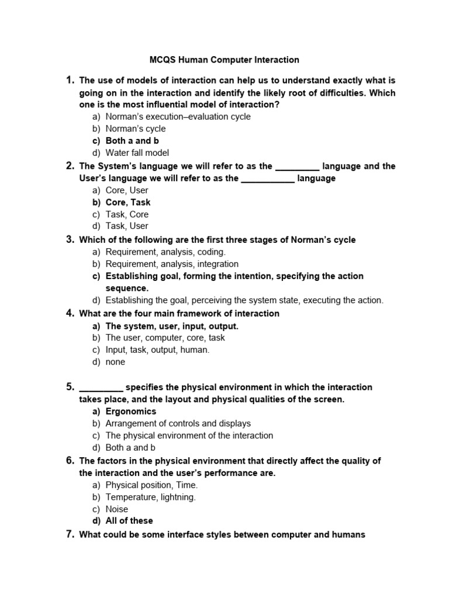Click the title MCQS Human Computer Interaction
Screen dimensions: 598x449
224,60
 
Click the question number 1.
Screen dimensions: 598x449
70,80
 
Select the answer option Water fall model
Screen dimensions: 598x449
137,153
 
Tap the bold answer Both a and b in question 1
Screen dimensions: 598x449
132,141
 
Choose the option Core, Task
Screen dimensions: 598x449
128,202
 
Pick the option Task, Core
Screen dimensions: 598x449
127,214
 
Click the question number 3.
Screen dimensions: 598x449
70,239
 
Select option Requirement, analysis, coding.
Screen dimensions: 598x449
165,252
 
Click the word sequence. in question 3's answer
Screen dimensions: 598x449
127,288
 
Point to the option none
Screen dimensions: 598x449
115,361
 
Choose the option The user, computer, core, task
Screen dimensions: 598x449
165,338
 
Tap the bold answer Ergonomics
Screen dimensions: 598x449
131,411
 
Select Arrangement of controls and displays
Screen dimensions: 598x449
178,423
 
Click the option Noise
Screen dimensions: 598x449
117,509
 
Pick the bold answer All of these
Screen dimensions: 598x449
129,520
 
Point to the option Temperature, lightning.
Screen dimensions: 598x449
151,497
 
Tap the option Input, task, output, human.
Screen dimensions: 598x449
157,350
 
